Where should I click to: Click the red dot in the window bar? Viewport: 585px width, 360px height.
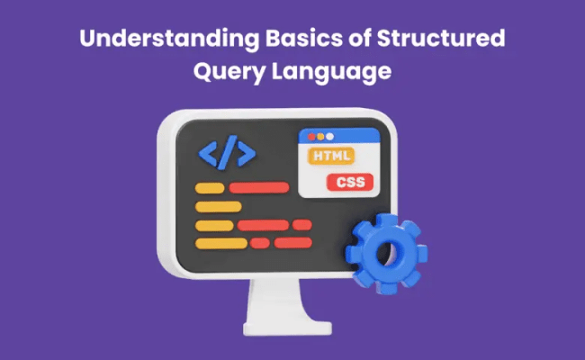coord(311,137)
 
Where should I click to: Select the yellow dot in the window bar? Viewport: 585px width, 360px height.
coord(320,137)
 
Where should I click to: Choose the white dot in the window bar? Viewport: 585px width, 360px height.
coord(329,137)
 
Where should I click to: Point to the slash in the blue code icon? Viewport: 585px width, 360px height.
coord(228,154)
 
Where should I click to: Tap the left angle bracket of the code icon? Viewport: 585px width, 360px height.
coord(209,154)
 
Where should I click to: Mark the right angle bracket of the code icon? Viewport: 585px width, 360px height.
coord(247,154)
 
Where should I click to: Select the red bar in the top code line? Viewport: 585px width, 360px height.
coord(259,188)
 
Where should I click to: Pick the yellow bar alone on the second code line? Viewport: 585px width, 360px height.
coord(219,206)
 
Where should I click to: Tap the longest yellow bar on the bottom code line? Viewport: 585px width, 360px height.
coord(221,243)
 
